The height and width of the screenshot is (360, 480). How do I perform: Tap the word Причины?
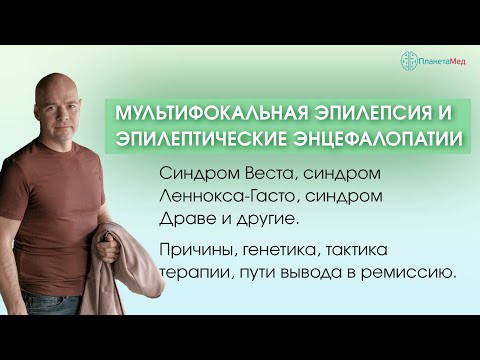tap(198, 247)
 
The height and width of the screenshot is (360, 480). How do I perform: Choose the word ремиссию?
tap(410, 269)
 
